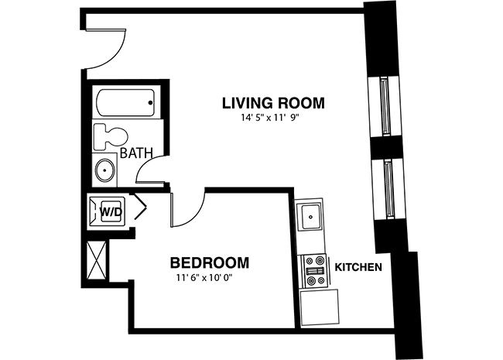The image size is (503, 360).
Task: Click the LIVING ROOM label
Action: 273,103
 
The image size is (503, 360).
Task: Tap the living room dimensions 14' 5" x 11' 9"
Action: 270,118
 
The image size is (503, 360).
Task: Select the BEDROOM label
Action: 210,262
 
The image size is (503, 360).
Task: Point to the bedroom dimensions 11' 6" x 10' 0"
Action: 204,278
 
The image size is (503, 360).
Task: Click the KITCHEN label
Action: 358,267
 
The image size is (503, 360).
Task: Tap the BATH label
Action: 136,153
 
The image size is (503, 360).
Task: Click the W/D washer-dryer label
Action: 111,211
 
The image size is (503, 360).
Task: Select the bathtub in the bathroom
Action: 125,103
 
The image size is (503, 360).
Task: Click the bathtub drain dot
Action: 150,103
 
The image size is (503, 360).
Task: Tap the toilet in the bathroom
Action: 111,136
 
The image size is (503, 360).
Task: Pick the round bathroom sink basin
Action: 105,170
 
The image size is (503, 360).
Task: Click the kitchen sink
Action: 310,217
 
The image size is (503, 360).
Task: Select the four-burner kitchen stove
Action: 314,270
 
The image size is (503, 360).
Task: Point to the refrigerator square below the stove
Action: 320,307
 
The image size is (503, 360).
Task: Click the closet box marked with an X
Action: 96,261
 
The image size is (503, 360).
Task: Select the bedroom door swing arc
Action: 194,213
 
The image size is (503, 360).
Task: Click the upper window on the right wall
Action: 384,106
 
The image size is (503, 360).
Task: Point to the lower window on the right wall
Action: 388,190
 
